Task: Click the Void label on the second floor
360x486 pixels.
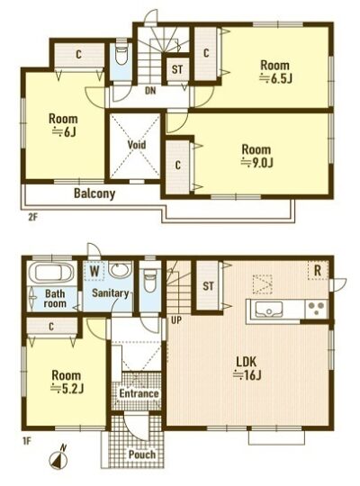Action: [137, 145]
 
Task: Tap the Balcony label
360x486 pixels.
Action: [94, 193]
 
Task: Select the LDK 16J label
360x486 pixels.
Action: [247, 368]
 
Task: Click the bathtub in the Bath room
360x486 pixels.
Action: [51, 273]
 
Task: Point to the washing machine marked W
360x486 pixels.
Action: [94, 272]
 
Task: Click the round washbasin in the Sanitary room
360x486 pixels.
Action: [120, 271]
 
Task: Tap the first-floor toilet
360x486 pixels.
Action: [150, 280]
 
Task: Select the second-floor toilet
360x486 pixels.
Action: [121, 55]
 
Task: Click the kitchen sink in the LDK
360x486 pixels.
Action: [268, 310]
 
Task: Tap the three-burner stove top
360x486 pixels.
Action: [316, 309]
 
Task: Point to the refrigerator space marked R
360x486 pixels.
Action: [318, 271]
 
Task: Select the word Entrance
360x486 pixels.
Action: [139, 393]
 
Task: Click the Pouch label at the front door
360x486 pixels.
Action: [142, 454]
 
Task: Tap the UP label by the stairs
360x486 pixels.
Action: [176, 320]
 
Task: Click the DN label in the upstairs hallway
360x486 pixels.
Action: [150, 91]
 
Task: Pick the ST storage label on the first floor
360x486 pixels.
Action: [209, 286]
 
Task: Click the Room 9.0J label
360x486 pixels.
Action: [256, 156]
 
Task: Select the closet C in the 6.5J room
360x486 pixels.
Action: [206, 53]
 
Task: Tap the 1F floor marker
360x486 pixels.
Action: [27, 440]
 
